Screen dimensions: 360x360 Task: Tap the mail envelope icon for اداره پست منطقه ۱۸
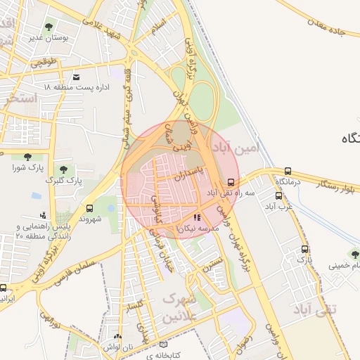tap(76, 76)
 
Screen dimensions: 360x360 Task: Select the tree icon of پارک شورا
tap(27, 157)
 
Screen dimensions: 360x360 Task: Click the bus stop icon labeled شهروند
tap(89, 208)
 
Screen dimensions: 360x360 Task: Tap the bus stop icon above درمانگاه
tap(288, 171)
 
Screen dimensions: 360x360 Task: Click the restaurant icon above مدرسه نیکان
tap(197, 217)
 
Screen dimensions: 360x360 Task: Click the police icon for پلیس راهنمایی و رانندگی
tap(44, 215)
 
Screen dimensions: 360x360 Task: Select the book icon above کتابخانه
tap(164, 345)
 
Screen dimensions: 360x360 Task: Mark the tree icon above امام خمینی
tap(354, 254)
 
